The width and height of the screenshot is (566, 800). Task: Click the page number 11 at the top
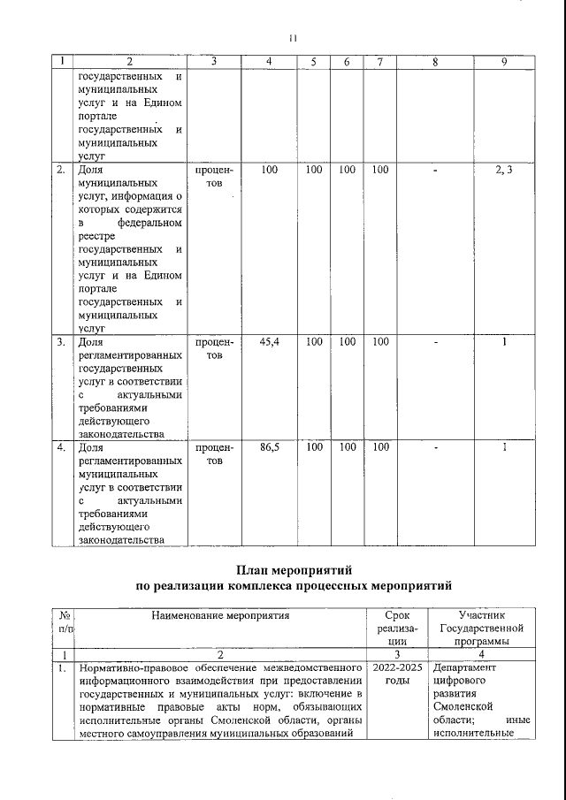tap(294, 38)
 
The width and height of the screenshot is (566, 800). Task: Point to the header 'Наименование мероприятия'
tap(220, 613)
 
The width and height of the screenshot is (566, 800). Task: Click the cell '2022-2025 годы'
tap(398, 675)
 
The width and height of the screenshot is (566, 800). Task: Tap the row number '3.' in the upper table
tap(61, 341)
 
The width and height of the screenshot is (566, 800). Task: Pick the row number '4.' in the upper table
tap(61, 448)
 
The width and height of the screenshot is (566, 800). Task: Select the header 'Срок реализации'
tap(398, 628)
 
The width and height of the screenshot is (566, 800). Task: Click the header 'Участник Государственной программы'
tap(482, 628)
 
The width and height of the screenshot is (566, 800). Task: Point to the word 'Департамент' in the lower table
tap(466, 668)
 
